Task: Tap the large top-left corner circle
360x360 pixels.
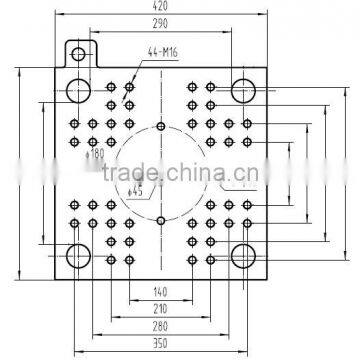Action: [79, 91]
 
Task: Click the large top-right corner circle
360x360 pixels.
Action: [243, 91]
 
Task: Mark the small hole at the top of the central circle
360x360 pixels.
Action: [161, 127]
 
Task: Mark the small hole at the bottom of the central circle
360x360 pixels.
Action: [161, 219]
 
